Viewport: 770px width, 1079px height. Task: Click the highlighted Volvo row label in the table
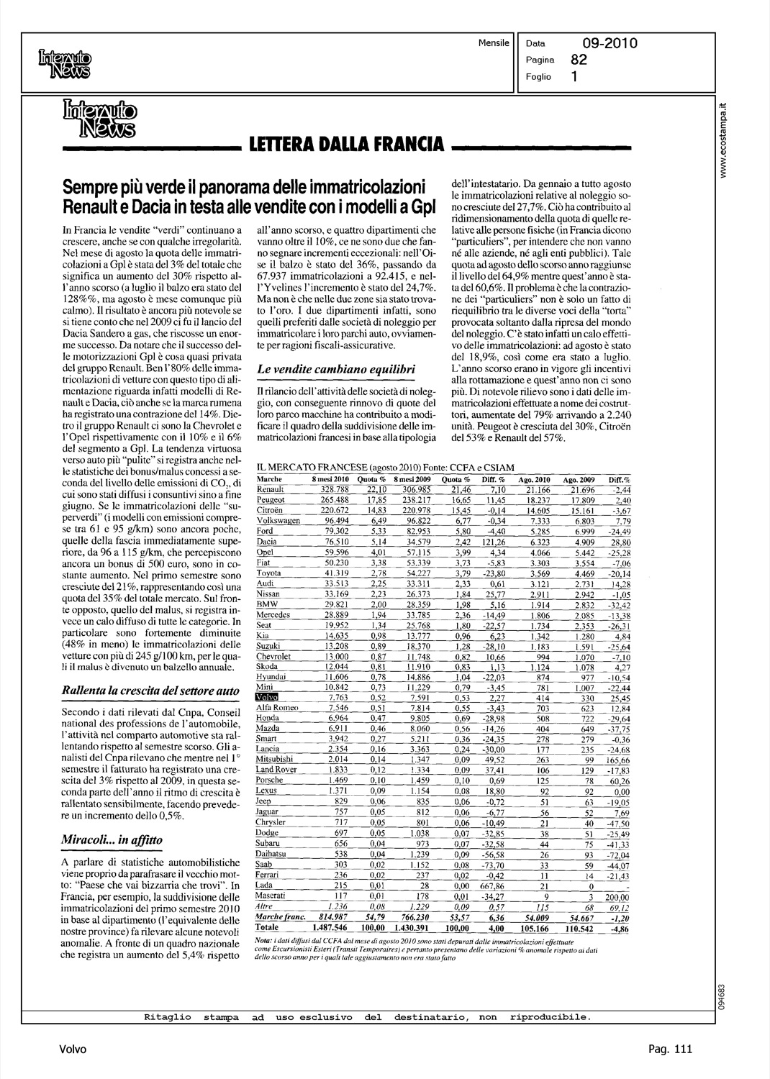pos(268,698)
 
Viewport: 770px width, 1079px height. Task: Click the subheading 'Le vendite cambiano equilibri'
pos(336,369)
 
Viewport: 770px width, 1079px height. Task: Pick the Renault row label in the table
pos(271,489)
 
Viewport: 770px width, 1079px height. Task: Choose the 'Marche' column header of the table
pos(269,480)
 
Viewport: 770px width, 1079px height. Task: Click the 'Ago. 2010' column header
pos(535,480)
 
